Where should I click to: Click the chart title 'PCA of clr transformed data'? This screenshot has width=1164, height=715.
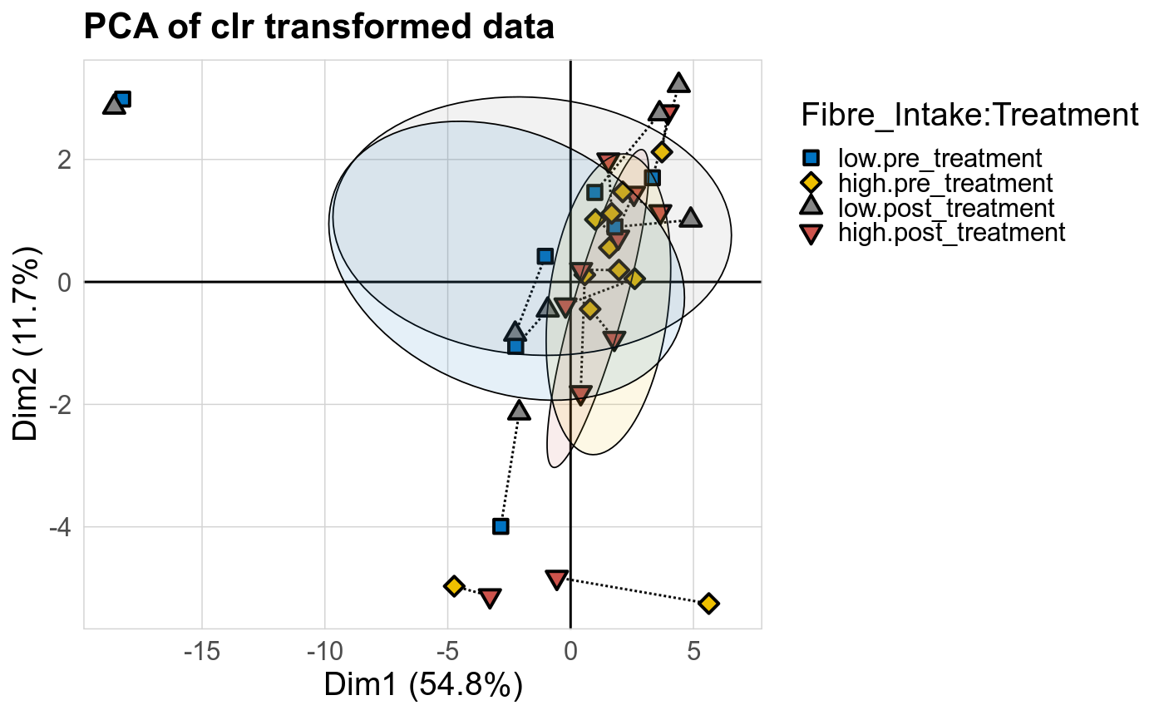(x=319, y=28)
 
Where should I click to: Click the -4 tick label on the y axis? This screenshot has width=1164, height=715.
(x=62, y=527)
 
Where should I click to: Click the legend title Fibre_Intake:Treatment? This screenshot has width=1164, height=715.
(x=969, y=116)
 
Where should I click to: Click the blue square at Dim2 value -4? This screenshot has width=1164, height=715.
(x=501, y=526)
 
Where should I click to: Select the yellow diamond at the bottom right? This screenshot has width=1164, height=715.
(x=708, y=604)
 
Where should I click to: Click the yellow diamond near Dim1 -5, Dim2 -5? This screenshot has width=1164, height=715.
(x=454, y=586)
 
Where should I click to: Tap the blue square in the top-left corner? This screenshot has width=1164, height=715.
(x=123, y=100)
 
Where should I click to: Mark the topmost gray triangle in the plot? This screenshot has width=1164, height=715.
(x=679, y=83)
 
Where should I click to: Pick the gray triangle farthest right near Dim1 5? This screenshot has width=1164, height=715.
(x=690, y=218)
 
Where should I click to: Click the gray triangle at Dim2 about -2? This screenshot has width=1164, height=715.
(x=520, y=411)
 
